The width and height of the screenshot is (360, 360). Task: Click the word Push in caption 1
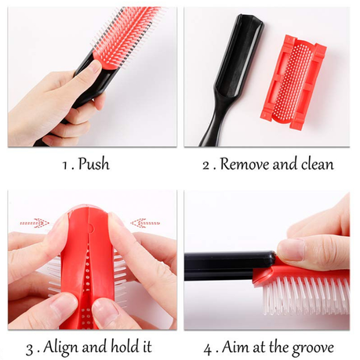click(x=94, y=164)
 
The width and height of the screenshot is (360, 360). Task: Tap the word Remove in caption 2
click(x=245, y=164)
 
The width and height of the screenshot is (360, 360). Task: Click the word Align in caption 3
click(x=61, y=347)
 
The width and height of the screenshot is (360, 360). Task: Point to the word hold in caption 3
click(x=124, y=346)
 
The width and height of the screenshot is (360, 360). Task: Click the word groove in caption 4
click(x=313, y=348)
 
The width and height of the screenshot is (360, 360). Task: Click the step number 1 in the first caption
click(x=65, y=165)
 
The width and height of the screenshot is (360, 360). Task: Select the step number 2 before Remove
click(x=206, y=165)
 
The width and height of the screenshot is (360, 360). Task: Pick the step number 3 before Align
click(x=29, y=349)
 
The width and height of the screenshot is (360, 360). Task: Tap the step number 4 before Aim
click(x=207, y=349)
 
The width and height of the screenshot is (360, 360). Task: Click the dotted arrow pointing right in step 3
click(x=35, y=223)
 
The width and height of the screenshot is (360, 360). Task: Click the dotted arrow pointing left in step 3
click(x=145, y=223)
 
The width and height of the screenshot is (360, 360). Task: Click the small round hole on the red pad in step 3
click(x=91, y=227)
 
